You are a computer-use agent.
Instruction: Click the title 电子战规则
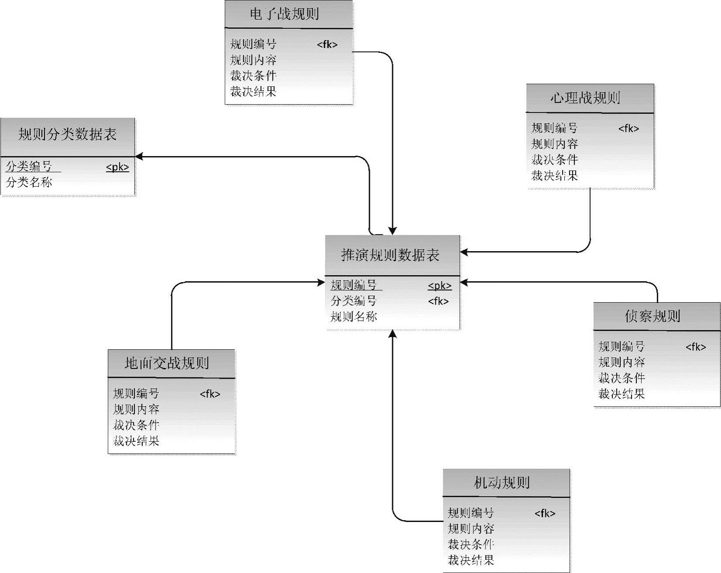point(284,14)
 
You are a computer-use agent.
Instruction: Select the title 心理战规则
point(585,98)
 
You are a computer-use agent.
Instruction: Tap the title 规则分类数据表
point(67,134)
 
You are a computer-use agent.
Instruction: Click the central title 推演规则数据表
point(390,255)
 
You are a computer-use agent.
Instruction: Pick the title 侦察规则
point(652,316)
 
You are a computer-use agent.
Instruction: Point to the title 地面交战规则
point(167,363)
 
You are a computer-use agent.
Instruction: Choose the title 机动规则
point(502,483)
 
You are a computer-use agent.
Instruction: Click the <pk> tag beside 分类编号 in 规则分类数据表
point(117,167)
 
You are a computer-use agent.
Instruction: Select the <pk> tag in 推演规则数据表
point(439,286)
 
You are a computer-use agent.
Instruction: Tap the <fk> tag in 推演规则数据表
point(438,301)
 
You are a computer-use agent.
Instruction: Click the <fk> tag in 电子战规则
point(327,44)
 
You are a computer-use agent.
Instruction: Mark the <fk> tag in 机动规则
point(545,513)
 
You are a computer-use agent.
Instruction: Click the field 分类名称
point(29,182)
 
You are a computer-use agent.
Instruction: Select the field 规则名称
point(354,317)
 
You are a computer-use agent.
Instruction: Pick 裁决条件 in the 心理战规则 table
point(554,160)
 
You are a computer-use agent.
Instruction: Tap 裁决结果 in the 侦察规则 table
point(622,394)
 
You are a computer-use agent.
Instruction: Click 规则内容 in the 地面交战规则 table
point(136,409)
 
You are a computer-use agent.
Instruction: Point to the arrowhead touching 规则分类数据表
point(139,157)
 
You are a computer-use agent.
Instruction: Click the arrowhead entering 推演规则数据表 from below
point(393,334)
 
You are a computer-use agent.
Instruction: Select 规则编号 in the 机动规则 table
point(471,513)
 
